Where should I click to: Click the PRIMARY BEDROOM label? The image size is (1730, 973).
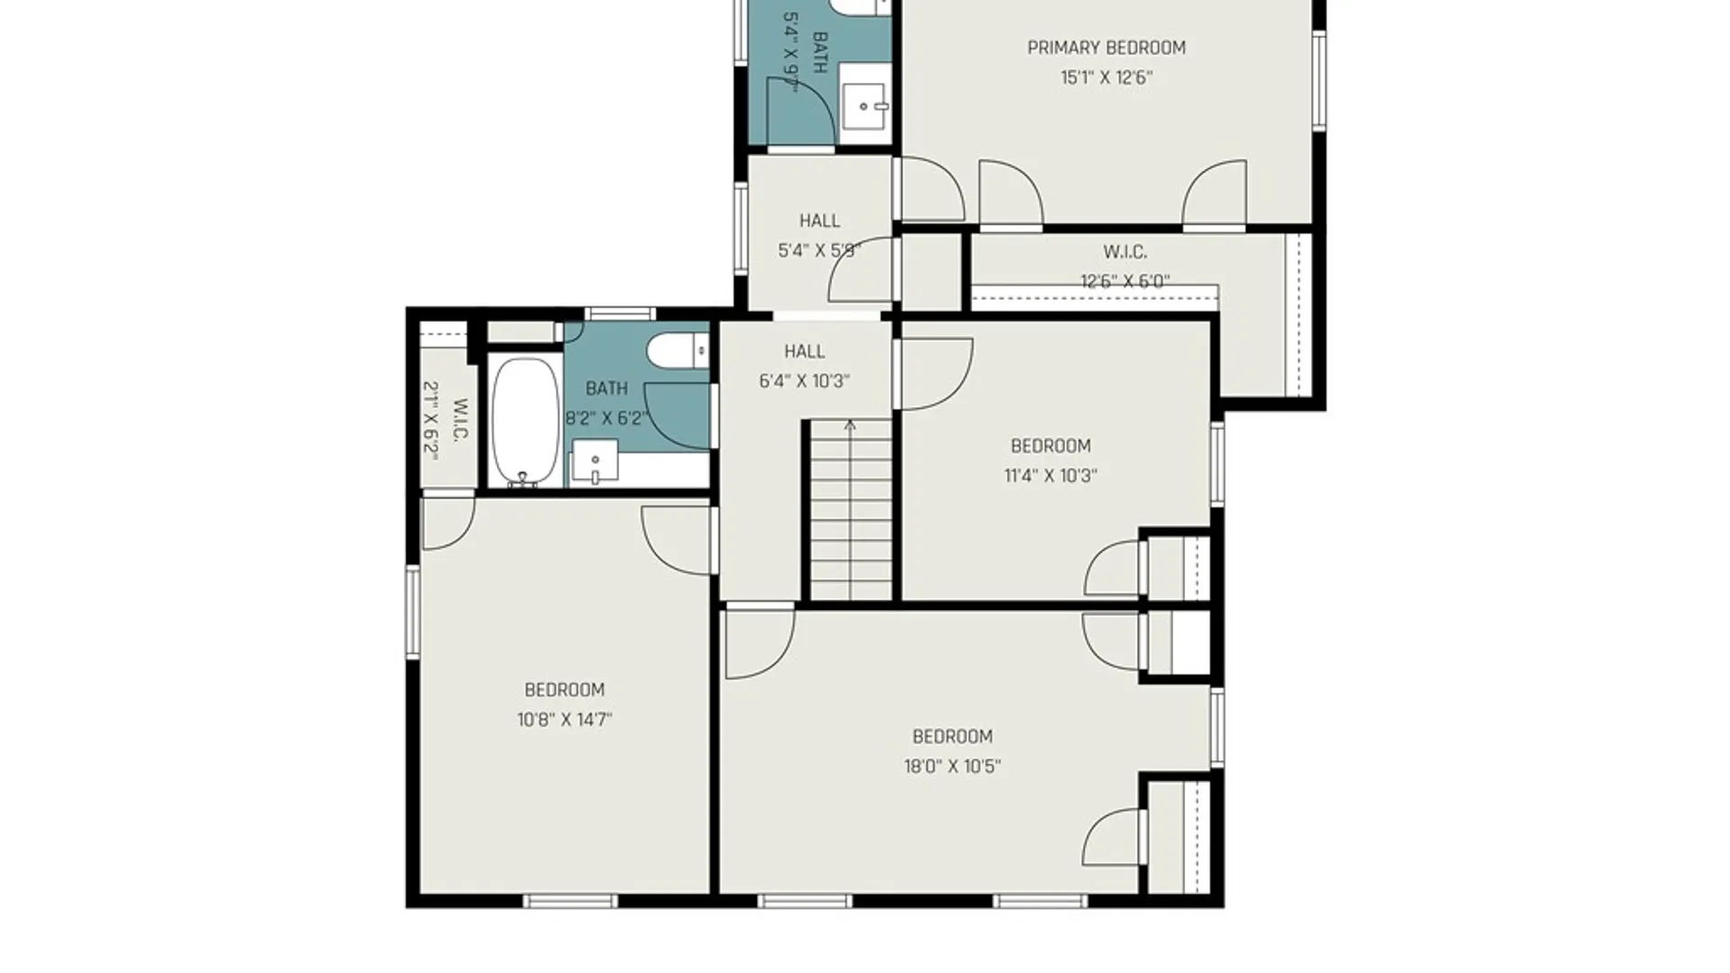click(x=1106, y=48)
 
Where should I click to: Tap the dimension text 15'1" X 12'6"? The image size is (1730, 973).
click(x=1106, y=77)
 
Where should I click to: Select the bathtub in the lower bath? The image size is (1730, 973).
click(x=526, y=422)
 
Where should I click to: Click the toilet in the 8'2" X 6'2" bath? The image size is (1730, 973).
click(x=678, y=350)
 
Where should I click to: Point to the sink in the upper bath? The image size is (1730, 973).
click(x=864, y=106)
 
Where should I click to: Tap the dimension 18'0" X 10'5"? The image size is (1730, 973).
click(x=952, y=767)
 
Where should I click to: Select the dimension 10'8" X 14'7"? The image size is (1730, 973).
click(x=565, y=720)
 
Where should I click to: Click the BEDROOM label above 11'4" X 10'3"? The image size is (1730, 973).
click(x=1051, y=446)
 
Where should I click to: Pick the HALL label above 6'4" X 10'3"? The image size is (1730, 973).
click(x=805, y=351)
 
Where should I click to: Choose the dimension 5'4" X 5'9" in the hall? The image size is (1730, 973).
click(x=820, y=250)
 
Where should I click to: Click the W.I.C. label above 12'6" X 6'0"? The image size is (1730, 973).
click(x=1125, y=252)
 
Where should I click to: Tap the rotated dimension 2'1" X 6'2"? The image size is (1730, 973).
click(x=432, y=421)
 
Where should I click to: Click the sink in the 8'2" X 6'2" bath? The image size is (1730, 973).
click(x=595, y=461)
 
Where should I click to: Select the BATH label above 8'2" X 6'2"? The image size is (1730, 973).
click(x=607, y=388)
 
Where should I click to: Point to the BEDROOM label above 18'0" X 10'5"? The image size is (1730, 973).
click(x=952, y=737)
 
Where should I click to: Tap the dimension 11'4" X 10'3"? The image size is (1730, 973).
click(x=1051, y=476)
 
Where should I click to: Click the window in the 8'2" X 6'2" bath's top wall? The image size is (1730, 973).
click(x=620, y=314)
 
